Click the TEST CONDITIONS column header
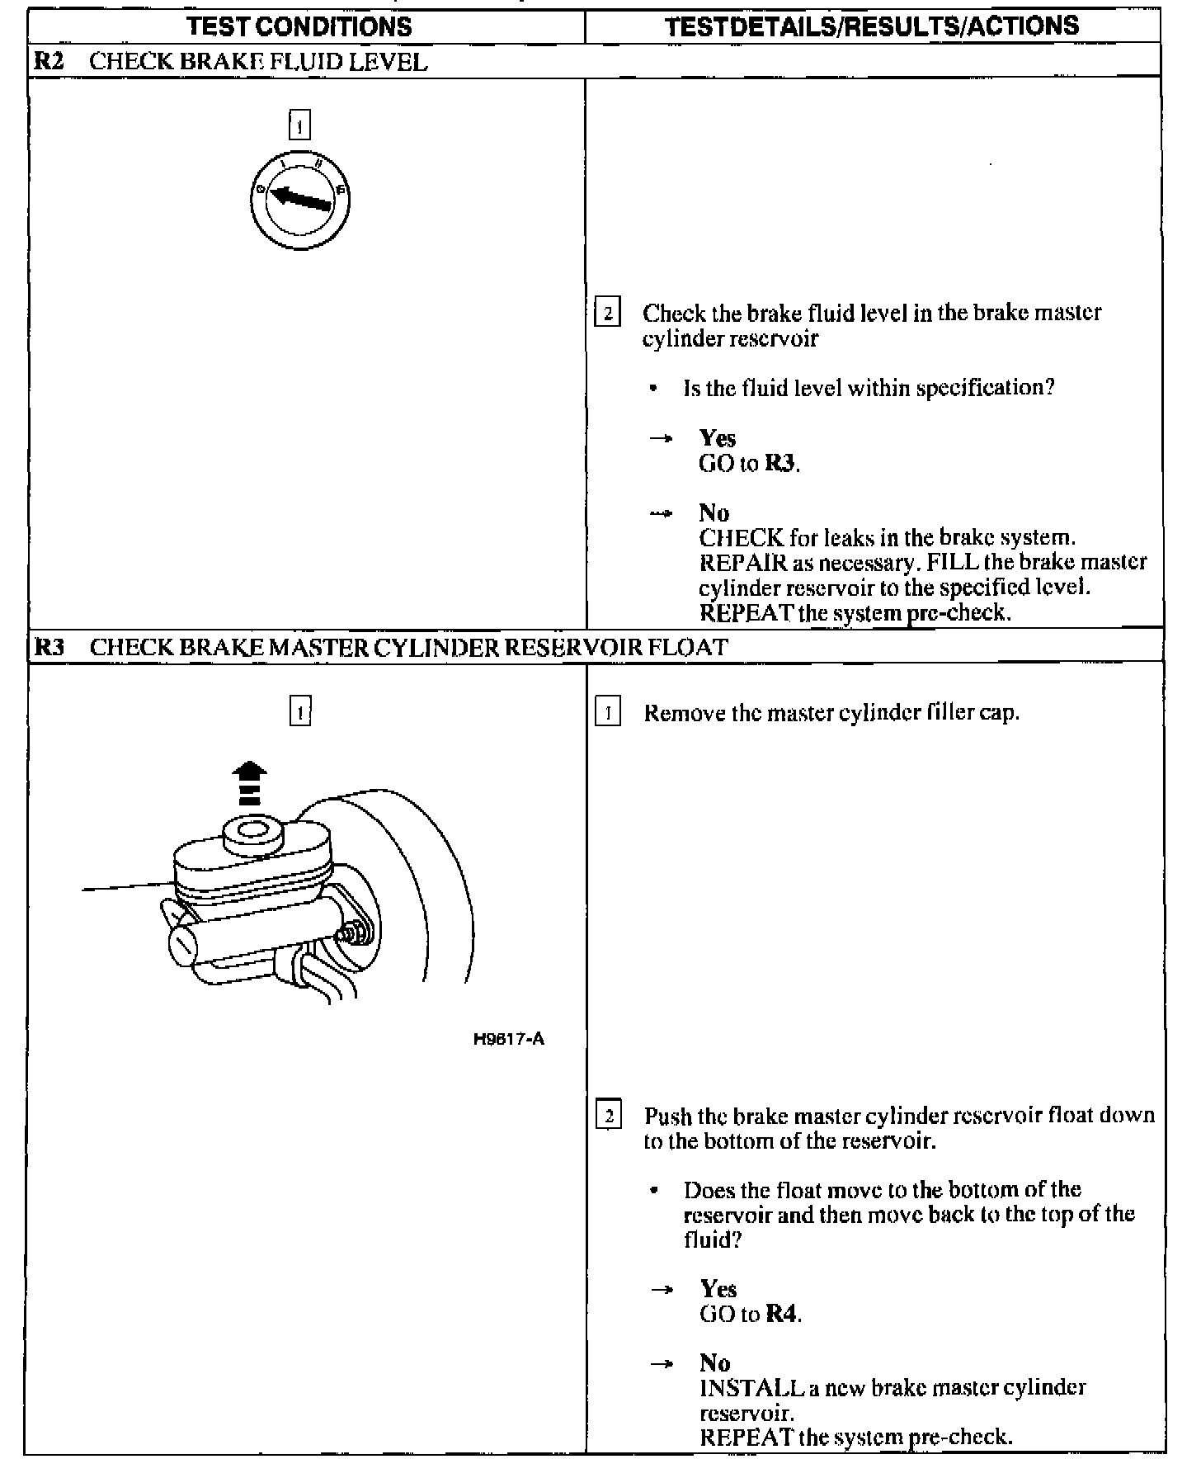tap(299, 26)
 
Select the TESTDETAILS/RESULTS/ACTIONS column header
tap(872, 26)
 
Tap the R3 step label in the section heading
tap(49, 647)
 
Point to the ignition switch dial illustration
tap(300, 200)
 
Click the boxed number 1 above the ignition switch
tap(299, 125)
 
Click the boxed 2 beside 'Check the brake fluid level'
tap(607, 314)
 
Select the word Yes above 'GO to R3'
tap(717, 438)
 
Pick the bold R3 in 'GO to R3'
tap(779, 464)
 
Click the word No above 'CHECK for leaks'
tap(714, 513)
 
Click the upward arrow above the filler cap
tap(249, 782)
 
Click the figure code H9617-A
tap(509, 1039)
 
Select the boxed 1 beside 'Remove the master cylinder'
tap(607, 712)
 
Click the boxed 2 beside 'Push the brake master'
tap(608, 1117)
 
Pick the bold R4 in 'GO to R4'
tap(781, 1314)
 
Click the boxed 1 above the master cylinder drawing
tap(299, 711)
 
